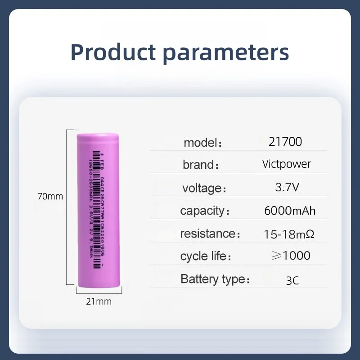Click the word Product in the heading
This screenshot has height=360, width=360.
pos(113,52)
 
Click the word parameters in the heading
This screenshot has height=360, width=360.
pos(226,53)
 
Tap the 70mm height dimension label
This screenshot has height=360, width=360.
pos(50,196)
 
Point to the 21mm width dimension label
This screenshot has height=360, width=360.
pos(99,301)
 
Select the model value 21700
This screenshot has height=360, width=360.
pos(285,142)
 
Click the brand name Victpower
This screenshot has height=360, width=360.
pos(287,164)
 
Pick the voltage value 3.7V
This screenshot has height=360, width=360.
pos(287,187)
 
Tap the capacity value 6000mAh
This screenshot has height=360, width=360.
pos(290,211)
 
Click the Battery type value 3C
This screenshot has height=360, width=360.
pos(292,280)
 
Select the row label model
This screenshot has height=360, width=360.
pos(200,143)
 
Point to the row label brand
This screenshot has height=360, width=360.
pos(198,165)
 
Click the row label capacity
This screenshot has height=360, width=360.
pos(202,211)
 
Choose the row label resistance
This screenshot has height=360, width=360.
pos(207,234)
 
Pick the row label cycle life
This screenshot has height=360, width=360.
pos(202,256)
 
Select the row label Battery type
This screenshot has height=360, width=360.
pos(211,279)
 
